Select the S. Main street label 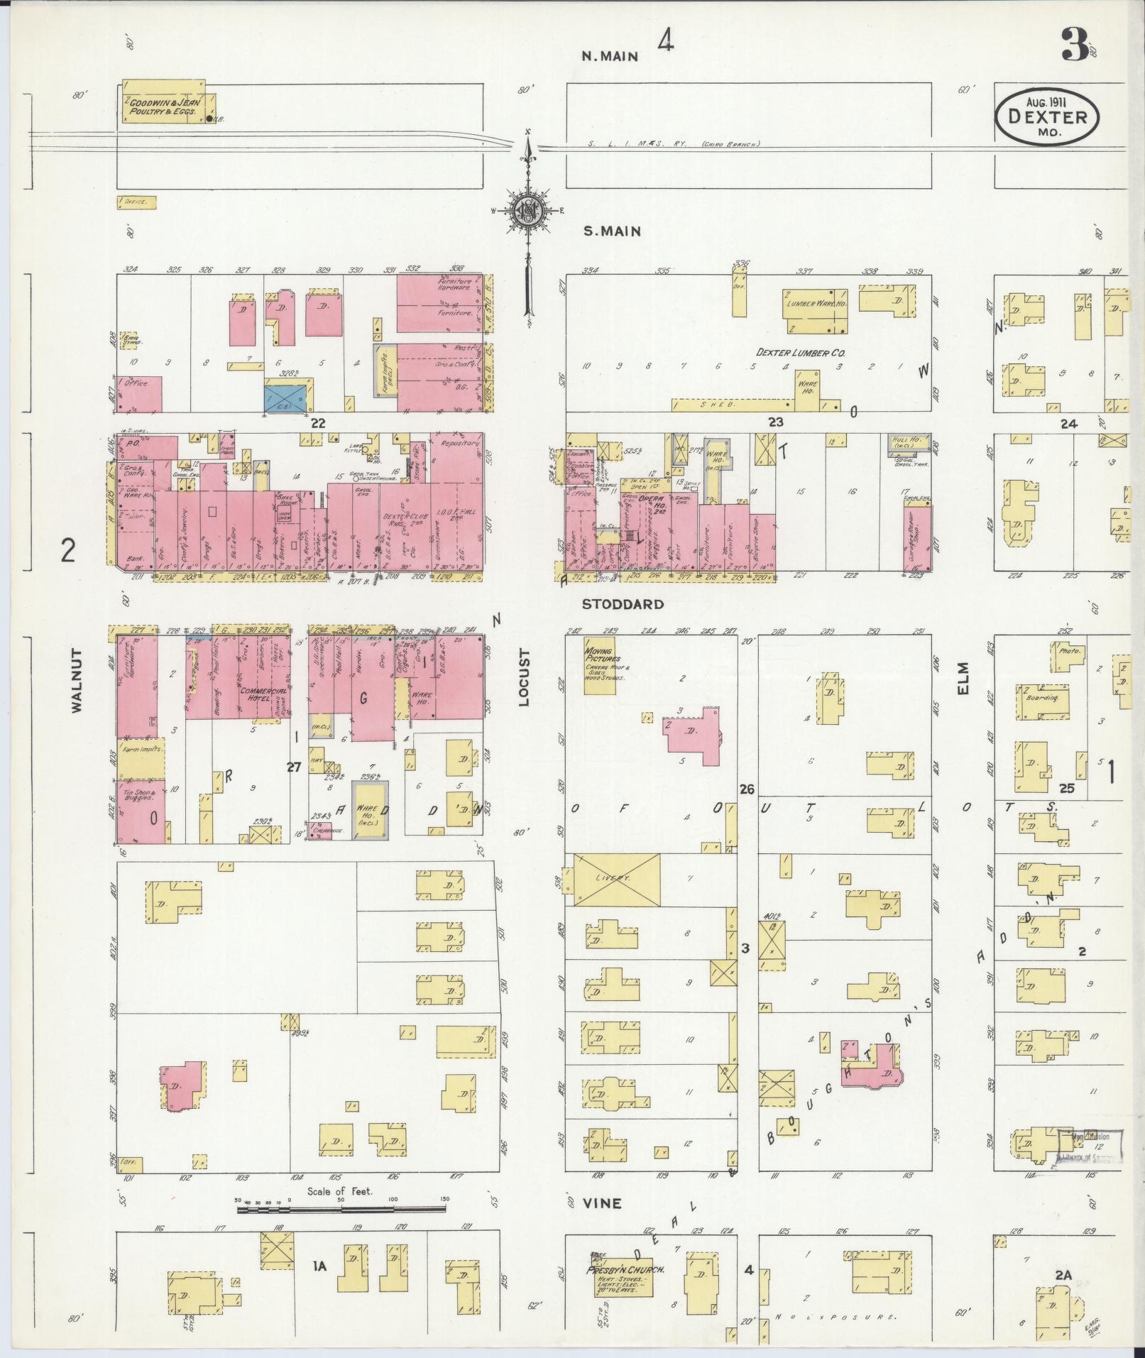611,231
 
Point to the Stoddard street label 623,604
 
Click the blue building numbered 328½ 287,395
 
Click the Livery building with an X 616,879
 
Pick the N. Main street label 610,56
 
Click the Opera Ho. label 650,499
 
